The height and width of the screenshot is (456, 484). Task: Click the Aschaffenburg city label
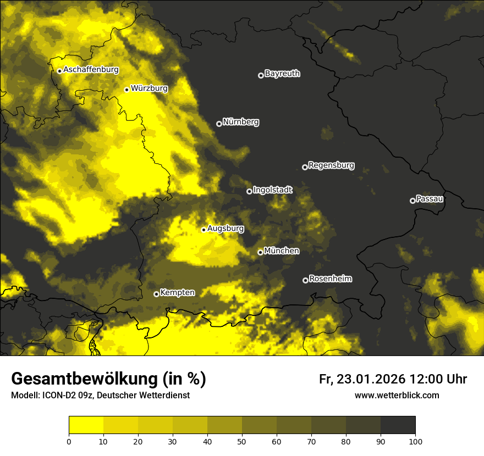[x=91, y=70]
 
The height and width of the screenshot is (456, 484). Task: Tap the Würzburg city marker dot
[x=127, y=90]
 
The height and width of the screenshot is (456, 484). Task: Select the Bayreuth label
[x=282, y=74]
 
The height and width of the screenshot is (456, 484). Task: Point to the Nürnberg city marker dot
[x=219, y=124]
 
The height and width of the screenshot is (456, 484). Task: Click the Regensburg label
[x=331, y=165]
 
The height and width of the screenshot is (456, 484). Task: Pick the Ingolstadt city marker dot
[x=249, y=191]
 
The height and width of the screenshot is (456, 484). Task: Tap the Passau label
[x=430, y=199]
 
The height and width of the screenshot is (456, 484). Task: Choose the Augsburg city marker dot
[x=204, y=230]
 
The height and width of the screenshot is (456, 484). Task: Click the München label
[x=282, y=251]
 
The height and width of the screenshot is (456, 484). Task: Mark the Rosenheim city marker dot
[x=305, y=280]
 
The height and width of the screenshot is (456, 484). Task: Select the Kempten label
[x=177, y=293]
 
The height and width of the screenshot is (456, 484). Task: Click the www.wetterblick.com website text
[x=397, y=395]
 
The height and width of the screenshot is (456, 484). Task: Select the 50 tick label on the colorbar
[x=242, y=441]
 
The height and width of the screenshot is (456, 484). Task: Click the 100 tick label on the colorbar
[x=415, y=441]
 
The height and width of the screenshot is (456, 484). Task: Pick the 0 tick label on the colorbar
[x=69, y=441]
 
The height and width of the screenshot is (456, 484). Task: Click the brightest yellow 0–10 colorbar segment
[x=86, y=425]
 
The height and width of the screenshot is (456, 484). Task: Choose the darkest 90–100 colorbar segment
[x=398, y=425]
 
